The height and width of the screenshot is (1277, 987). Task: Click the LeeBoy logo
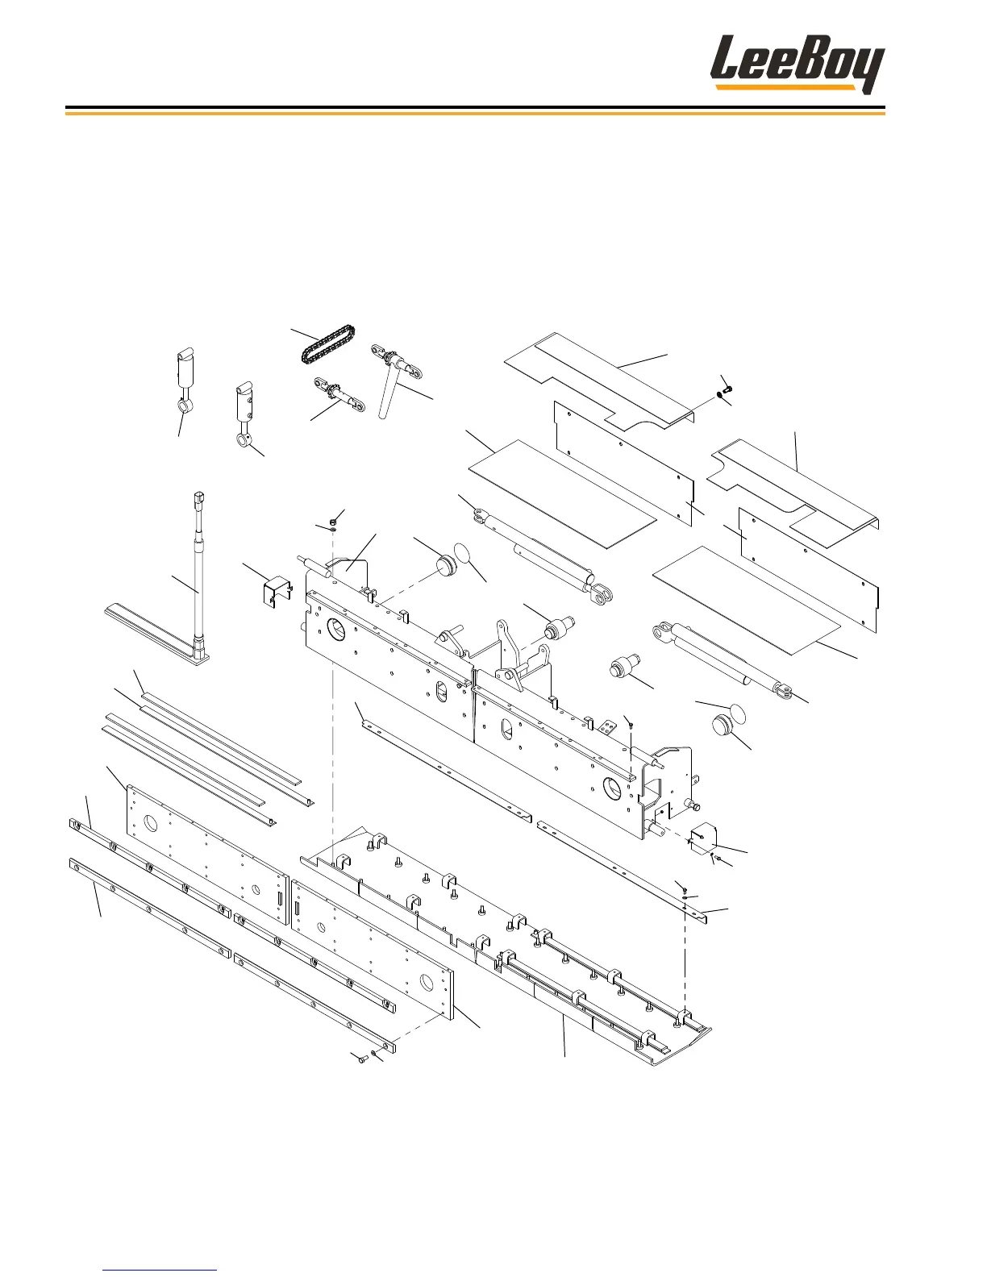(x=797, y=64)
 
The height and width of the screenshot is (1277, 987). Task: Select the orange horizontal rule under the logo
(x=475, y=114)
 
